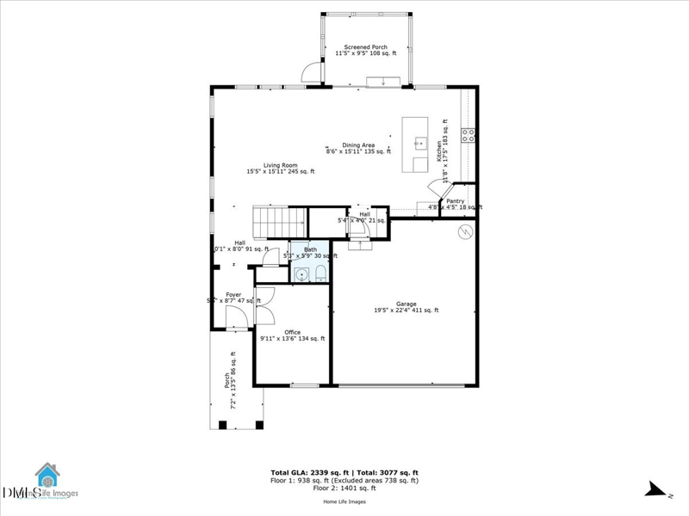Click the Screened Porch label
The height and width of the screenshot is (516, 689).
365,50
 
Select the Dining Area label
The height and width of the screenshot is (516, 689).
358,149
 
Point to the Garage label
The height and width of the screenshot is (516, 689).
407,307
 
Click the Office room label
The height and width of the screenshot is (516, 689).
293,335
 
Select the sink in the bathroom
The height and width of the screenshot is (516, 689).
301,274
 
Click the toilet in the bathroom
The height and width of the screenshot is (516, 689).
320,273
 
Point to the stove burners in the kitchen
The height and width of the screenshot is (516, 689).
469,134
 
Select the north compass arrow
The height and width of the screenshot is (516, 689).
658,490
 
